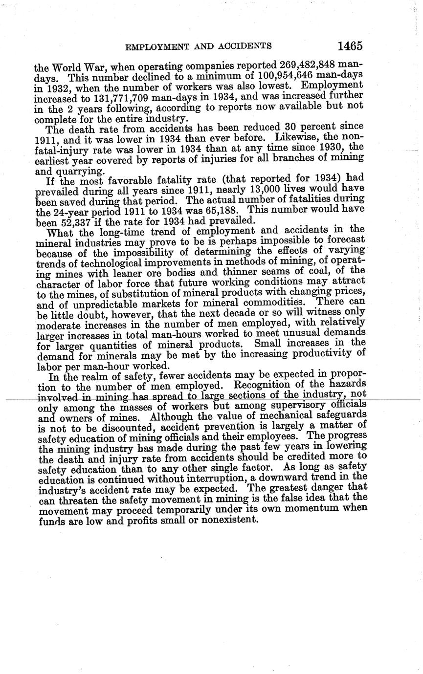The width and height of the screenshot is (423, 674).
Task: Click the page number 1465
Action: coord(350,46)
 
